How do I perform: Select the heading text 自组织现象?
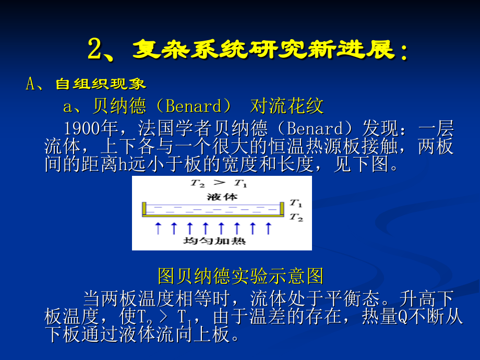(x=101, y=84)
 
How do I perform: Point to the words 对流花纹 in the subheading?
(x=287, y=106)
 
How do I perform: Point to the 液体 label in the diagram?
(x=222, y=197)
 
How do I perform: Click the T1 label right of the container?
(x=296, y=203)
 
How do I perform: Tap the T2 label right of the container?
(x=296, y=217)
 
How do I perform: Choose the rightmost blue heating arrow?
(x=268, y=228)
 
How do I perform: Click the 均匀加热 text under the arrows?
(x=214, y=242)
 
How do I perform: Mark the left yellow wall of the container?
(x=145, y=209)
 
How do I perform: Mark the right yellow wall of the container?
(x=282, y=209)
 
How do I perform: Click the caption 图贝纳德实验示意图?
(x=240, y=275)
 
